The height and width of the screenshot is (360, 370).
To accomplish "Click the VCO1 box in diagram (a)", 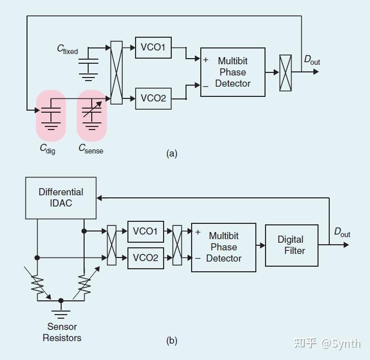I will pos(153,47).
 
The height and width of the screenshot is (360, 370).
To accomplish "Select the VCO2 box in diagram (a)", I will pos(153,98).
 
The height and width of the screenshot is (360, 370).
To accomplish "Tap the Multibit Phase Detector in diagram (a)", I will pos(233,72).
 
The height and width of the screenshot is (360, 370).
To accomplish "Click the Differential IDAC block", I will pos(61,198).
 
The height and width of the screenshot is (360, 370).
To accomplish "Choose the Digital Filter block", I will pos(291,245).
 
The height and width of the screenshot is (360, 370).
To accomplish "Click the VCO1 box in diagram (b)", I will pos(145,232).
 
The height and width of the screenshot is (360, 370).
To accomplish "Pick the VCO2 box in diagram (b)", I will pos(145,258).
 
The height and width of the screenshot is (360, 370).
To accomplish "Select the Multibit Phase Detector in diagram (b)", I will pos(224,247).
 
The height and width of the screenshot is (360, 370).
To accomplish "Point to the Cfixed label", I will pos(67,49).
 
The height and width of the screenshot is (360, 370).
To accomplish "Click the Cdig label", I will pos(47,148).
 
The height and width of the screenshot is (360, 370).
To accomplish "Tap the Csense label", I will pos(90,148).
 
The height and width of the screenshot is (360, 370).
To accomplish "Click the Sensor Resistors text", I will pos(62,332).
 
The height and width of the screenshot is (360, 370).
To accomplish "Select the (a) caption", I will pos(172,153).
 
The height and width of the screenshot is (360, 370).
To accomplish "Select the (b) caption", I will pos(172,341).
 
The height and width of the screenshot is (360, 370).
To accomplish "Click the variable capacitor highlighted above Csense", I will pos(92,115).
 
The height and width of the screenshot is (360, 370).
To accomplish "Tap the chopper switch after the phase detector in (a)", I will pos(285,72).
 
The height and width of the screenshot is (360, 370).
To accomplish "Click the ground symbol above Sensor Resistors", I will pos(62,309).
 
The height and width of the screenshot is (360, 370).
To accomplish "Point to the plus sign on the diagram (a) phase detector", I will pos(206,60).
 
